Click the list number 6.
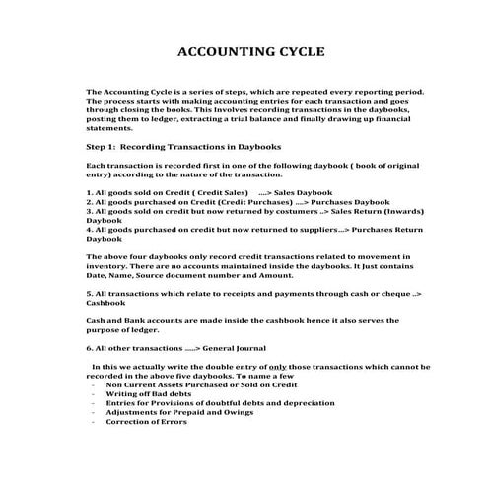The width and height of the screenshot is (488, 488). pos(90,349)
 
